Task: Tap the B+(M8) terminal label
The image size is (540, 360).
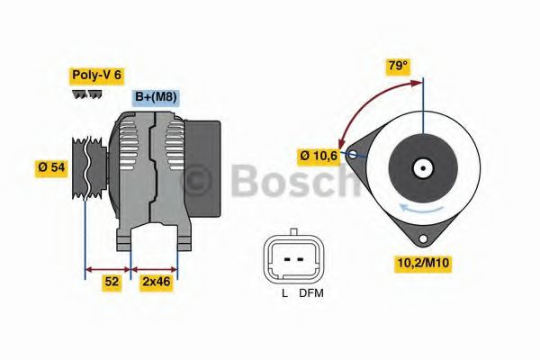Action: [x=156, y=97]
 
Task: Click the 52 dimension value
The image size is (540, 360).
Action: [x=111, y=282]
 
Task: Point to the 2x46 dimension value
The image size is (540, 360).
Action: [x=155, y=282]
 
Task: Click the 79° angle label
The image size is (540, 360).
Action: [x=396, y=66]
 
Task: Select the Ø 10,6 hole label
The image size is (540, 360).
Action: [x=320, y=156]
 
